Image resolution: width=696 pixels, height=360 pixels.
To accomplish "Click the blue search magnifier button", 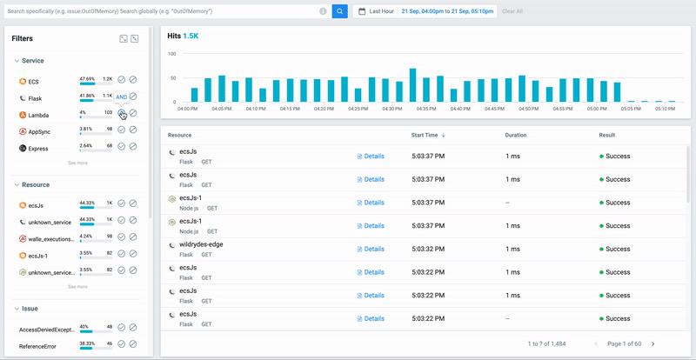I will tap(339, 11).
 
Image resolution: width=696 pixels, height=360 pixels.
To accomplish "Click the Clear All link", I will tap(512, 11).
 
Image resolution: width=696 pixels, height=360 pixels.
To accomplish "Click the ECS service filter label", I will tap(33, 81).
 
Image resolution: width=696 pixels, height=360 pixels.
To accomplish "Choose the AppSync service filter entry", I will tap(39, 131).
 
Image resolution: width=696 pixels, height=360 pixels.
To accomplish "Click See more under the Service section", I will tap(77, 163).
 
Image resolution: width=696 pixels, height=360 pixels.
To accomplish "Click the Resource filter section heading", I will tap(36, 184).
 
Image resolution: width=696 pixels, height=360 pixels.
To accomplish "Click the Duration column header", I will tap(516, 136).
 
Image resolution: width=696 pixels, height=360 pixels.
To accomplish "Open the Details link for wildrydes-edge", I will tap(371, 249).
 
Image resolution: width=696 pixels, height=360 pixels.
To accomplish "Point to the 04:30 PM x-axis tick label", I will tap(391, 109).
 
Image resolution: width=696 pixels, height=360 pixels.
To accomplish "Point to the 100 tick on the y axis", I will tap(171, 54).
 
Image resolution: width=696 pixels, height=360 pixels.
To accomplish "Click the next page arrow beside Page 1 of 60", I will tap(652, 344).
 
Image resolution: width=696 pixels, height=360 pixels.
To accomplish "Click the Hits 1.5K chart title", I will tap(183, 37).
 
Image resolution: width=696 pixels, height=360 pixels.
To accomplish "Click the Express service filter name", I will tap(39, 149).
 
